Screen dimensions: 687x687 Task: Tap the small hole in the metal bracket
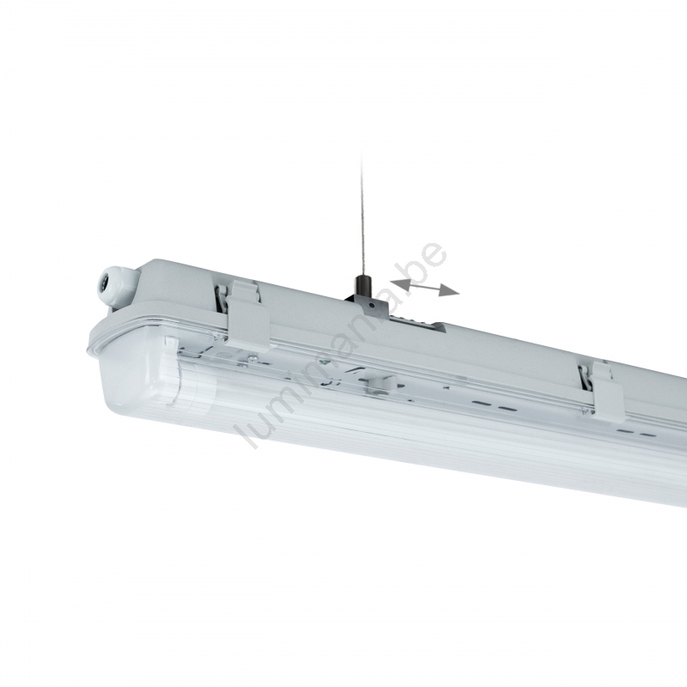371,304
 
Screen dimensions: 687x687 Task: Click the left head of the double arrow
399,282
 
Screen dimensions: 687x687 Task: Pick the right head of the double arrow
449,291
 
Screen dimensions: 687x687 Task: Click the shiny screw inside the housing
253,360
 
